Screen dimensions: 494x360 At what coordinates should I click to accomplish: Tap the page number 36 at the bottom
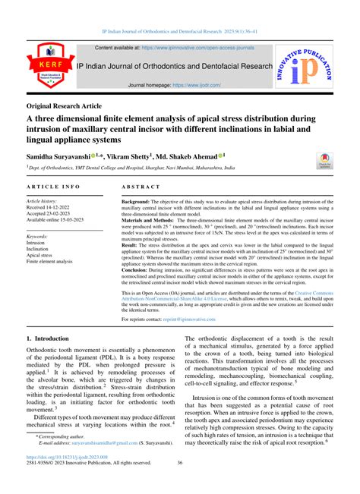click(180, 485)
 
